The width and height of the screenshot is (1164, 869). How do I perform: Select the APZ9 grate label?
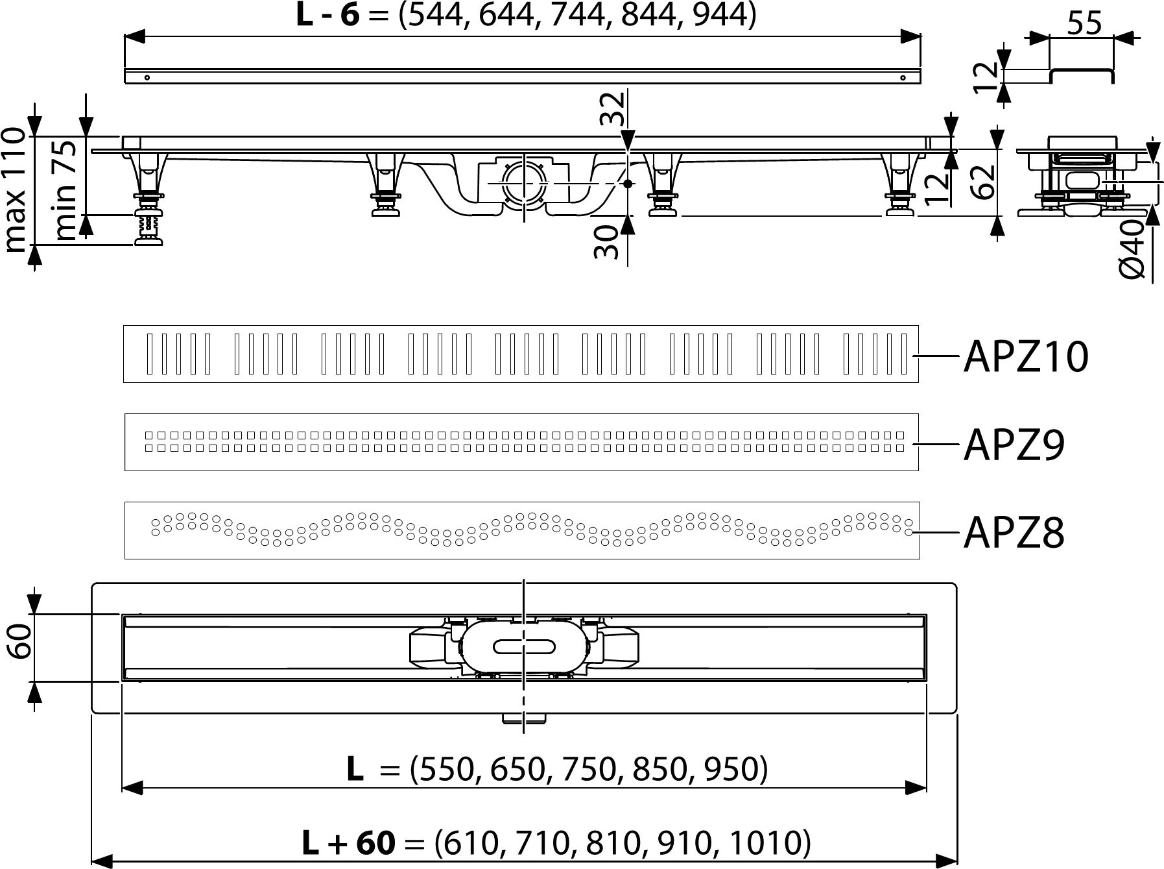point(1014,445)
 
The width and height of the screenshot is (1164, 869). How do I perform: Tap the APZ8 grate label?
point(1014,533)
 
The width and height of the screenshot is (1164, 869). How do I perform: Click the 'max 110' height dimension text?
point(16,190)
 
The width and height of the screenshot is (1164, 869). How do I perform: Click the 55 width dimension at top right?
point(1084,24)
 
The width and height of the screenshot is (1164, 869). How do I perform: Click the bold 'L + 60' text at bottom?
point(349,844)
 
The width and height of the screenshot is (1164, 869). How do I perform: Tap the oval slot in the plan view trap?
point(524,646)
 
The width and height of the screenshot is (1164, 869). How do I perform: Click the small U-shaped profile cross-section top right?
point(1082,73)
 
